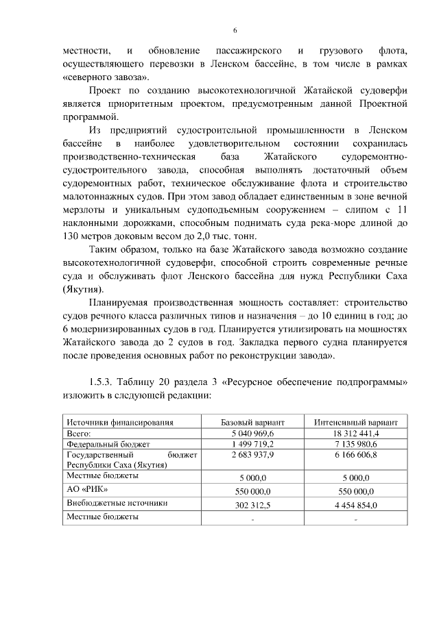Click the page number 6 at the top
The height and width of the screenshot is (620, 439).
tap(235, 31)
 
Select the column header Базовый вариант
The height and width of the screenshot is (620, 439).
tap(252, 423)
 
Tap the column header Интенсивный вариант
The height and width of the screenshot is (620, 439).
tap(355, 423)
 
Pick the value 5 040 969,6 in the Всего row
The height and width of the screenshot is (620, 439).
tap(252, 434)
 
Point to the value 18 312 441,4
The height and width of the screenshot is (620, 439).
tap(355, 434)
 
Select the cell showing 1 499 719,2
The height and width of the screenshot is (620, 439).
tap(252, 444)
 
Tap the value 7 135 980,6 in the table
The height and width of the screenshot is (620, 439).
tap(355, 444)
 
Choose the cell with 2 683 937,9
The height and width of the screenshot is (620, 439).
tap(252, 454)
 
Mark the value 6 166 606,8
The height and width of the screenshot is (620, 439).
tap(355, 454)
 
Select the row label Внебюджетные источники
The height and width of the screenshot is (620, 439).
tap(110, 503)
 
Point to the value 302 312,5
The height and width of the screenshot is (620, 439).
tap(252, 506)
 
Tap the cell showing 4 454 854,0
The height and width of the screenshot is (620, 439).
tap(355, 506)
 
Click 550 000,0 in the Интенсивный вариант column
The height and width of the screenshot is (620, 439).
tap(355, 492)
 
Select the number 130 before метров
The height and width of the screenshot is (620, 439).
tap(71, 236)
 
